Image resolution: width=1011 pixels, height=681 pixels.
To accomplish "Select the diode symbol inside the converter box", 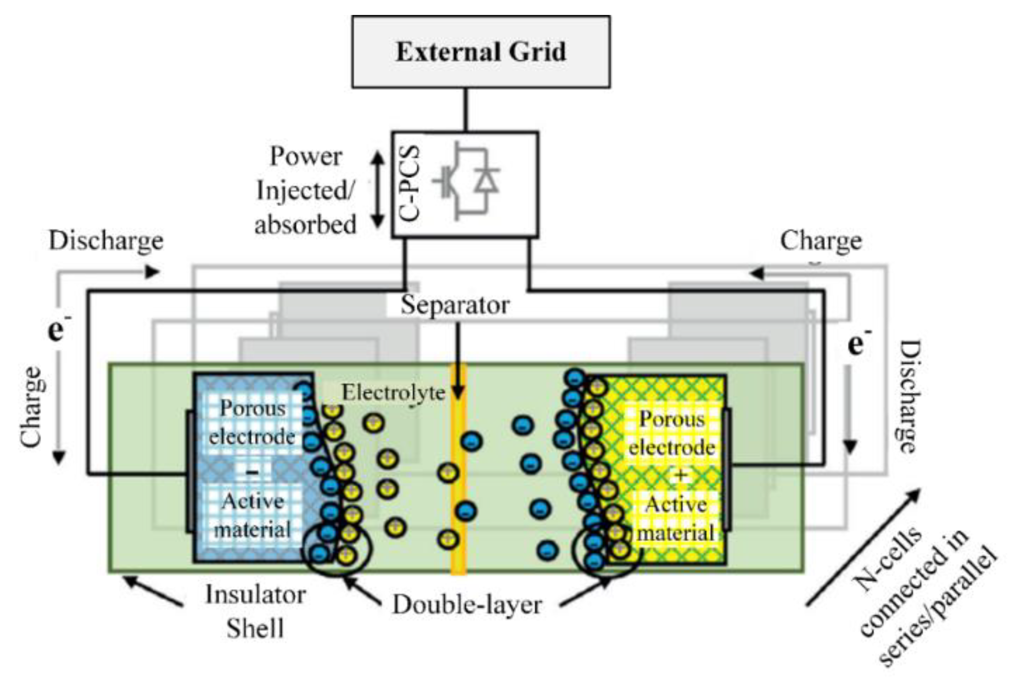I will pyautogui.click(x=486, y=179).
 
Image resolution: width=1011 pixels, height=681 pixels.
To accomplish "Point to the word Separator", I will pyautogui.click(x=455, y=305).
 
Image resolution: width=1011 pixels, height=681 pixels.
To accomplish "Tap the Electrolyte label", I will pyautogui.click(x=393, y=393).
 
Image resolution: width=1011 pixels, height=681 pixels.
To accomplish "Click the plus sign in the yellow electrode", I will pyautogui.click(x=680, y=475).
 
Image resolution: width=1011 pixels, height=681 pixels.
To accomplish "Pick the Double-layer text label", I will pyautogui.click(x=467, y=605).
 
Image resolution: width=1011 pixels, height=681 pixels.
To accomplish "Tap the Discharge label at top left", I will pyautogui.click(x=106, y=241).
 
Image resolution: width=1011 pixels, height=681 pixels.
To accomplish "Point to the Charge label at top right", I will pyautogui.click(x=820, y=241).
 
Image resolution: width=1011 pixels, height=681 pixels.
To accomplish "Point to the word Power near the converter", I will pyautogui.click(x=306, y=156).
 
